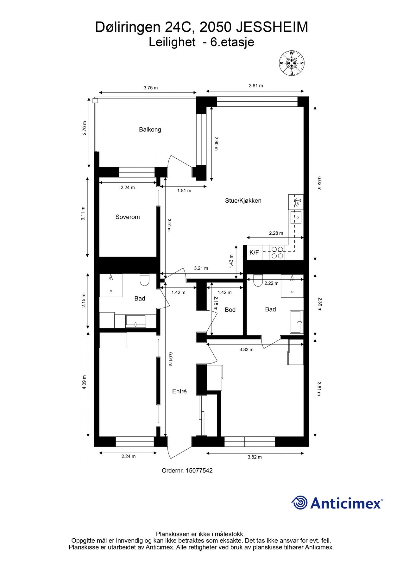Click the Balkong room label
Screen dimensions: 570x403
click(150, 130)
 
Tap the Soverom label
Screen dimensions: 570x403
click(127, 217)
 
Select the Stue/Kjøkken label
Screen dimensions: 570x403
click(243, 200)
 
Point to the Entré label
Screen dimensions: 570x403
click(179, 391)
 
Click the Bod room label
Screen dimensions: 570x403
click(230, 310)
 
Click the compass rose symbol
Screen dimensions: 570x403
click(291, 63)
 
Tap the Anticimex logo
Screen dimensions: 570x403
click(337, 503)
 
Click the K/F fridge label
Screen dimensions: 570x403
click(254, 252)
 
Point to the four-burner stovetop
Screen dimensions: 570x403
click(277, 252)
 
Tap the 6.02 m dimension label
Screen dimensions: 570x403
click(319, 183)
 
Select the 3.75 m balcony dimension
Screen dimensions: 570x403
click(150, 88)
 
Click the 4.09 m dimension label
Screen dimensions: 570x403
click(84, 382)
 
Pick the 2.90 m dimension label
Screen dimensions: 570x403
click(216, 143)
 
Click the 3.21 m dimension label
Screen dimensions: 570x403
click(201, 268)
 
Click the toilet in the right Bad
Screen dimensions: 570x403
click(258, 281)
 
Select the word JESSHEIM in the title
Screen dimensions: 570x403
click(272, 27)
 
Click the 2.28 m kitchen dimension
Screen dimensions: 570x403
click(276, 233)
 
